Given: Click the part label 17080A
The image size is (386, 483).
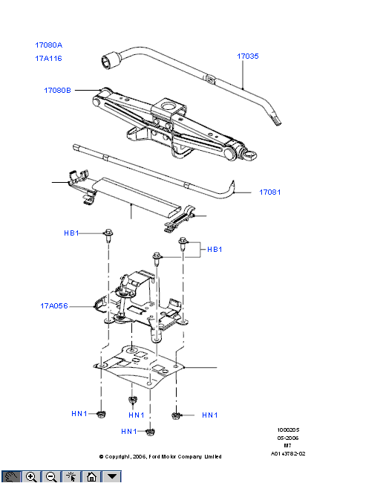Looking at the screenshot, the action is [49, 45].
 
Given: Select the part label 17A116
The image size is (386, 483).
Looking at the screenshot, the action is [48, 58].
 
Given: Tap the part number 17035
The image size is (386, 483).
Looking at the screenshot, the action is [248, 56].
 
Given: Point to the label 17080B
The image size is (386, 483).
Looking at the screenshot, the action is [58, 90].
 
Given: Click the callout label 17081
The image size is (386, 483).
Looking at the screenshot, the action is [270, 192].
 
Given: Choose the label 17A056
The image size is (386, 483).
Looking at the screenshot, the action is [54, 306].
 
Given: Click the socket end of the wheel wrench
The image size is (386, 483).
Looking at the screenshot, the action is [110, 61].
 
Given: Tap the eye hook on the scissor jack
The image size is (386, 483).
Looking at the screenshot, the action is [251, 155].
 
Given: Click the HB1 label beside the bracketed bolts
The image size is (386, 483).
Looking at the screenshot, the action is [215, 249].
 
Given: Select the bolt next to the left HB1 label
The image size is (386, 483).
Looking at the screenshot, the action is [108, 236].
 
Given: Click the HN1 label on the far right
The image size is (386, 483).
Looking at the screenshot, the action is [209, 415].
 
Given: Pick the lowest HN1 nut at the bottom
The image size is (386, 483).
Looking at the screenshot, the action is [150, 432].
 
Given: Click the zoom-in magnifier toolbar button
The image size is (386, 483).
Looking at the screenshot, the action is [31, 476].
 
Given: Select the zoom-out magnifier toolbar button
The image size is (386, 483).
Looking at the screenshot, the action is [51, 476].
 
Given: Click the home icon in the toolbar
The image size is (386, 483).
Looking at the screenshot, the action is [91, 476].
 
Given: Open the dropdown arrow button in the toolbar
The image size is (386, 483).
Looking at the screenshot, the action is [112, 476].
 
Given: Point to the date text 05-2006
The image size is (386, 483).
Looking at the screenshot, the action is [288, 438].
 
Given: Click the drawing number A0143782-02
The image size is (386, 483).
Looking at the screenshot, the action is [288, 453].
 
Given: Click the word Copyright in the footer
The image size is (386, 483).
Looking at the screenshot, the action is [118, 456].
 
